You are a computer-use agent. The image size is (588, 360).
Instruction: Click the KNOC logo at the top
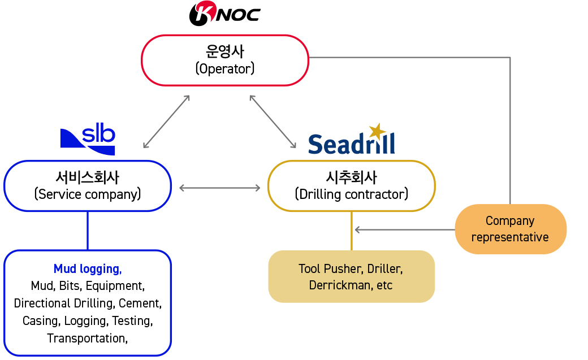tap(224, 14)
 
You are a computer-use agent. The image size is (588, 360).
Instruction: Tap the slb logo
tap(88, 139)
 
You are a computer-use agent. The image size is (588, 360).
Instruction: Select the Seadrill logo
tap(351, 139)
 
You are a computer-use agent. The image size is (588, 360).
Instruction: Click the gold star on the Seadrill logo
tap(377, 131)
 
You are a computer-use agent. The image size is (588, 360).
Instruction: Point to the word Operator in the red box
tap(225, 68)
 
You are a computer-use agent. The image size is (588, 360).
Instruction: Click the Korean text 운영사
tap(225, 51)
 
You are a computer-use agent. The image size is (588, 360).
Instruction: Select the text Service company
tap(88, 194)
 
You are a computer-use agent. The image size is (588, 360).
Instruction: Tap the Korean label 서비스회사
tap(88, 177)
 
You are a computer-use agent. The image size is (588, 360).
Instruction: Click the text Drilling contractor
tap(351, 194)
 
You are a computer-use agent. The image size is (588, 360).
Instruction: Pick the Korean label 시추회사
tap(351, 177)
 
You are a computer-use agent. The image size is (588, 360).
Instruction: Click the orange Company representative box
tap(511, 229)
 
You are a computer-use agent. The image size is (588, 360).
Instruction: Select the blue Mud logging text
tap(88, 269)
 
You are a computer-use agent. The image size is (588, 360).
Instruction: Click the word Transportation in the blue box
tap(86, 339)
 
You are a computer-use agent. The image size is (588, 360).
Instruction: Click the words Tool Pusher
tap(330, 268)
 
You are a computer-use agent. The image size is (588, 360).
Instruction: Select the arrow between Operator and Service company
tap(166, 122)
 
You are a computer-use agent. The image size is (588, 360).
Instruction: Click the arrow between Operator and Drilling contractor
tap(273, 122)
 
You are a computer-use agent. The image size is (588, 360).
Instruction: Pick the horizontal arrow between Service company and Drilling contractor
tap(220, 188)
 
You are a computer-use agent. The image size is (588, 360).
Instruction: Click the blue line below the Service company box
tap(88, 231)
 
